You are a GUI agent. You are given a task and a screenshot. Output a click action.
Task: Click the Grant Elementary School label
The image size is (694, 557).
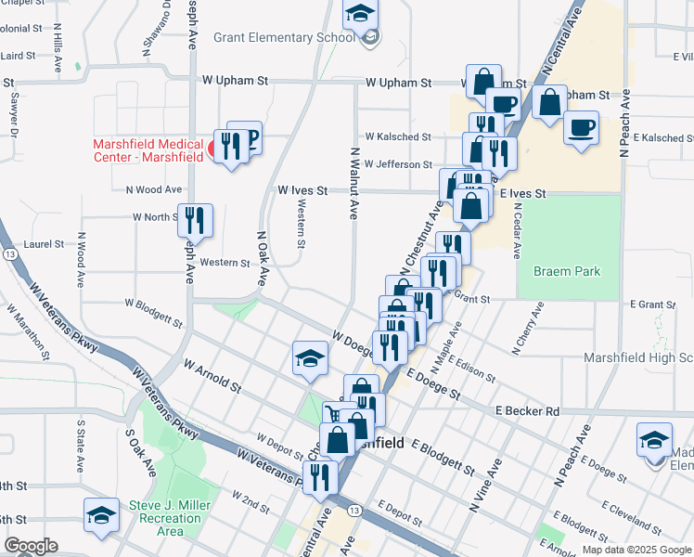(x=284, y=38)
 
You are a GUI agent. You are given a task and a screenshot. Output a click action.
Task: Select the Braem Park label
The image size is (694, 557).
(x=566, y=272)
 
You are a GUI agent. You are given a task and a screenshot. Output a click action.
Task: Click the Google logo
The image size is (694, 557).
(x=31, y=546)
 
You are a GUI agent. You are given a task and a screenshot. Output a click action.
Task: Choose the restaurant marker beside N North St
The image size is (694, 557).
(x=195, y=220)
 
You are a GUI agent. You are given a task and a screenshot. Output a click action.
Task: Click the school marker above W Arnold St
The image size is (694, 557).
(x=310, y=358)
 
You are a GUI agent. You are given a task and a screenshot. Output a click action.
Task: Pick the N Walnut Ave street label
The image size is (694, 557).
(x=353, y=182)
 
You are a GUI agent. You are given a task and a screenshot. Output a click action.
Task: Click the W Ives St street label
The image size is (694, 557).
(x=303, y=189)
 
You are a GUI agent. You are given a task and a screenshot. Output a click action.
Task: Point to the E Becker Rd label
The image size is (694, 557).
(x=528, y=410)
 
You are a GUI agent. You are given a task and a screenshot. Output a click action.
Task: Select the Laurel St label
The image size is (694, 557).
(x=45, y=244)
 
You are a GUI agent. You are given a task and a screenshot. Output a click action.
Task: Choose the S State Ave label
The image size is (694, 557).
(x=81, y=441)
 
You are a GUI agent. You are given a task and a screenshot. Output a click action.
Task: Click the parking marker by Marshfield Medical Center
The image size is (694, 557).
(x=246, y=136)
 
